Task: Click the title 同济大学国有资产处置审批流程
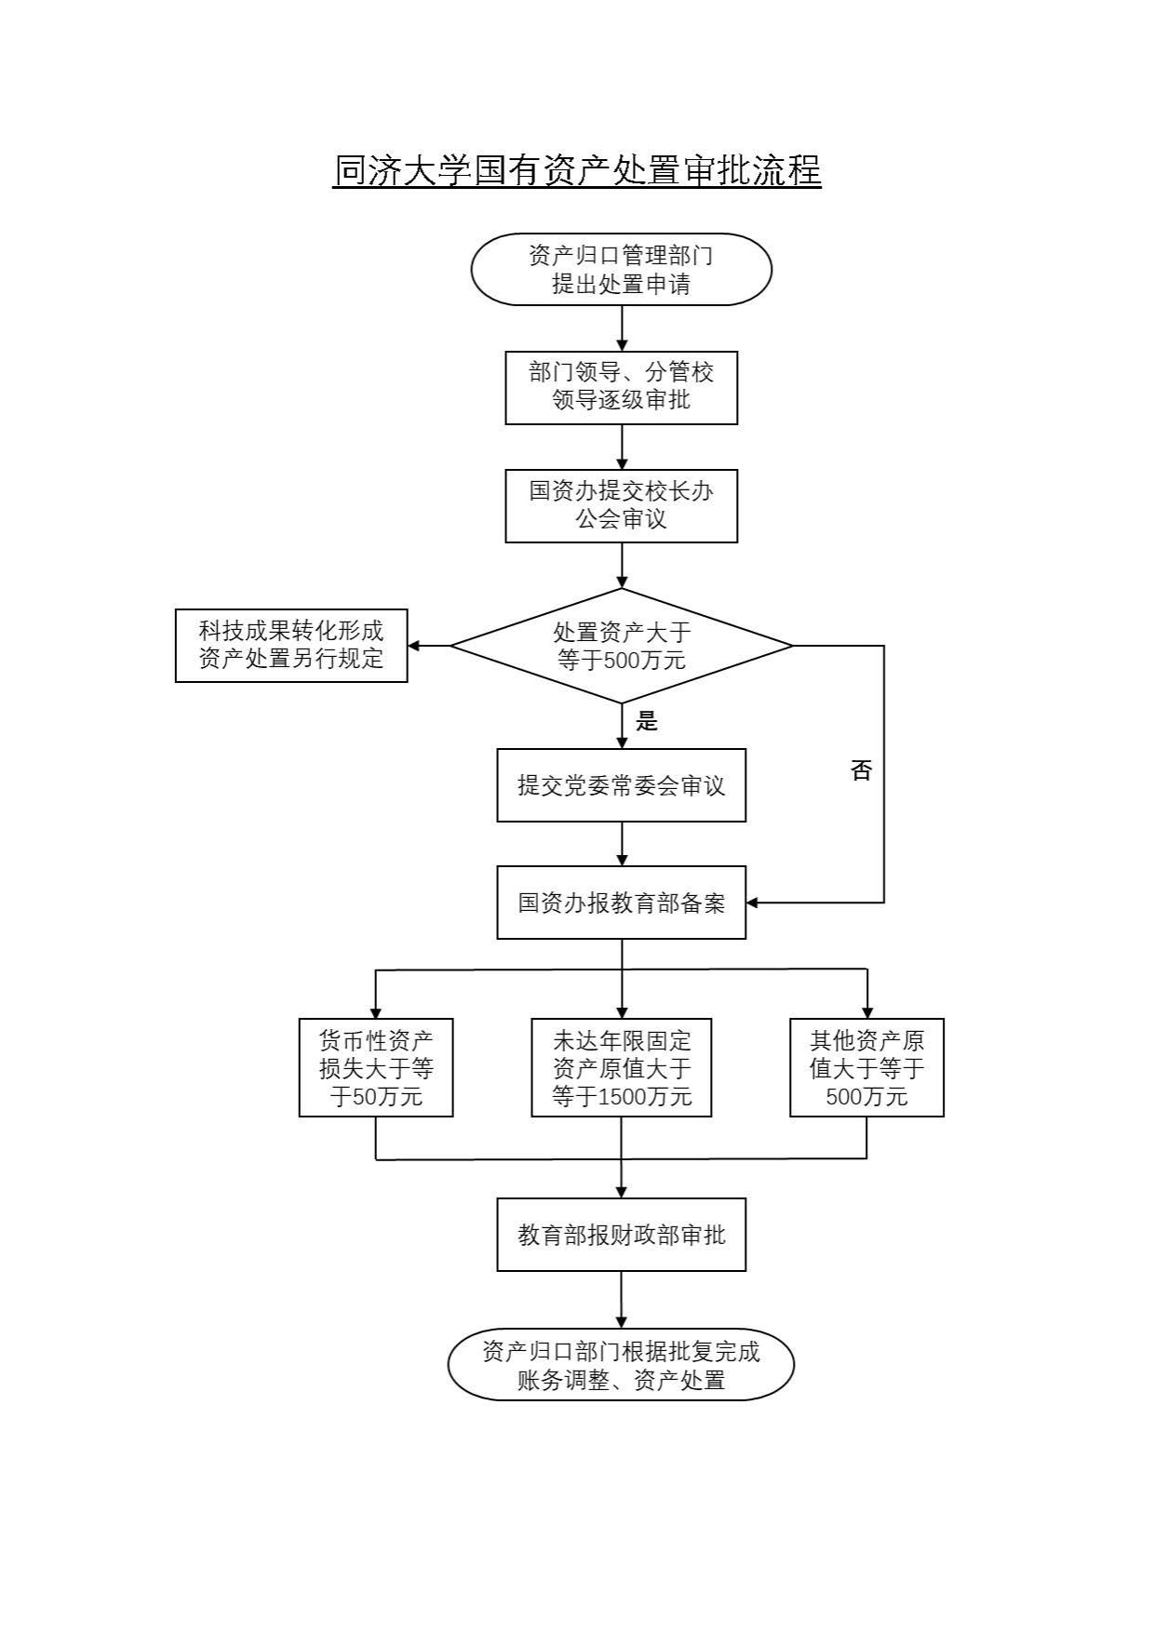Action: [x=577, y=171]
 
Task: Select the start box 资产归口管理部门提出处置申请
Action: [x=621, y=270]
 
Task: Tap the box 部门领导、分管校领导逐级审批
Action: [x=621, y=387]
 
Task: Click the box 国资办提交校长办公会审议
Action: [x=621, y=505]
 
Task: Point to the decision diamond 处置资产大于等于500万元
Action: [x=621, y=646]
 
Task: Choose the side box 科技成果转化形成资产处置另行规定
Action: [x=291, y=645]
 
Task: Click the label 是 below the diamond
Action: [x=647, y=721]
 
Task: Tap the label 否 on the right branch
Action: [x=861, y=770]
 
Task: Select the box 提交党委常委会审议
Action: [x=621, y=785]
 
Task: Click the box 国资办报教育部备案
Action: [x=621, y=903]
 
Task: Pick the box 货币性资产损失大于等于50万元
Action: [x=376, y=1067]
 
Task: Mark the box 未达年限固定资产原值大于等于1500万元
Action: [x=621, y=1067]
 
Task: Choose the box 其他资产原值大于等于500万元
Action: [x=866, y=1067]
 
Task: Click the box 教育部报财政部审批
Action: [x=621, y=1235]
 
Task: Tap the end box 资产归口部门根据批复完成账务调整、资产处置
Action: [x=621, y=1365]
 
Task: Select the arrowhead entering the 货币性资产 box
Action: [x=376, y=1012]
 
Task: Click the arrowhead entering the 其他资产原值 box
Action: [x=866, y=1012]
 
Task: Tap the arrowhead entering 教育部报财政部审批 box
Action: [x=621, y=1192]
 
